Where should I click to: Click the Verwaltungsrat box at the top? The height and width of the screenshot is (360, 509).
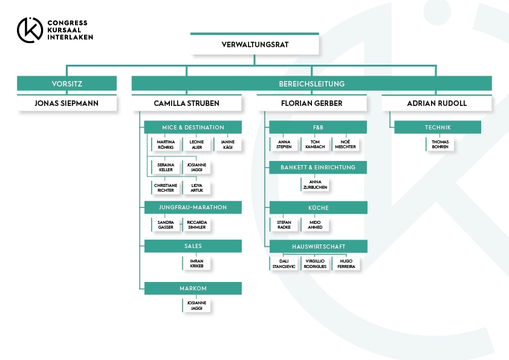254,44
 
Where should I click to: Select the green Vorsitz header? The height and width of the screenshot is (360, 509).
67,83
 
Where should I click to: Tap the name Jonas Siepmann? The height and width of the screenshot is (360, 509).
66,103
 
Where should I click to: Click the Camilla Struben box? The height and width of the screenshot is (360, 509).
187,103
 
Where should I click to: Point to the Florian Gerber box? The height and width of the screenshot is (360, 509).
312,103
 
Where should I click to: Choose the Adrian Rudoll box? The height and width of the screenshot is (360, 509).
436,103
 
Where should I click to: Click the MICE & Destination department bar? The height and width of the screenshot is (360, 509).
193,128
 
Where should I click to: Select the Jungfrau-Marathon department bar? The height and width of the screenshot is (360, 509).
193,208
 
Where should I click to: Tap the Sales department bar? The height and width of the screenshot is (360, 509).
193,246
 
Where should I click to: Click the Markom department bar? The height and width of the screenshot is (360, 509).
193,288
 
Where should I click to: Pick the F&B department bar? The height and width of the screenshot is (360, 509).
318,128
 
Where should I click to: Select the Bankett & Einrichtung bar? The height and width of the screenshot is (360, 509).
318,168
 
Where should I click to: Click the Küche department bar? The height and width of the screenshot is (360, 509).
319,208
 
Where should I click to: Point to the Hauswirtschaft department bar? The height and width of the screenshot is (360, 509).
319,246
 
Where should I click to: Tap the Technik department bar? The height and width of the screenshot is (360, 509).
438,128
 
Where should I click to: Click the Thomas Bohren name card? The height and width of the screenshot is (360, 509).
440,144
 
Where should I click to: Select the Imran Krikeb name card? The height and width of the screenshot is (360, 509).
196,263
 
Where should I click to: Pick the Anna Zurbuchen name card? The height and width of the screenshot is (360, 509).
315,185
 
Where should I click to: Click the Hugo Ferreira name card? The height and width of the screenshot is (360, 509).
346,264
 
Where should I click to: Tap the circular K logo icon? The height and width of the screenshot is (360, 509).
30,30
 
